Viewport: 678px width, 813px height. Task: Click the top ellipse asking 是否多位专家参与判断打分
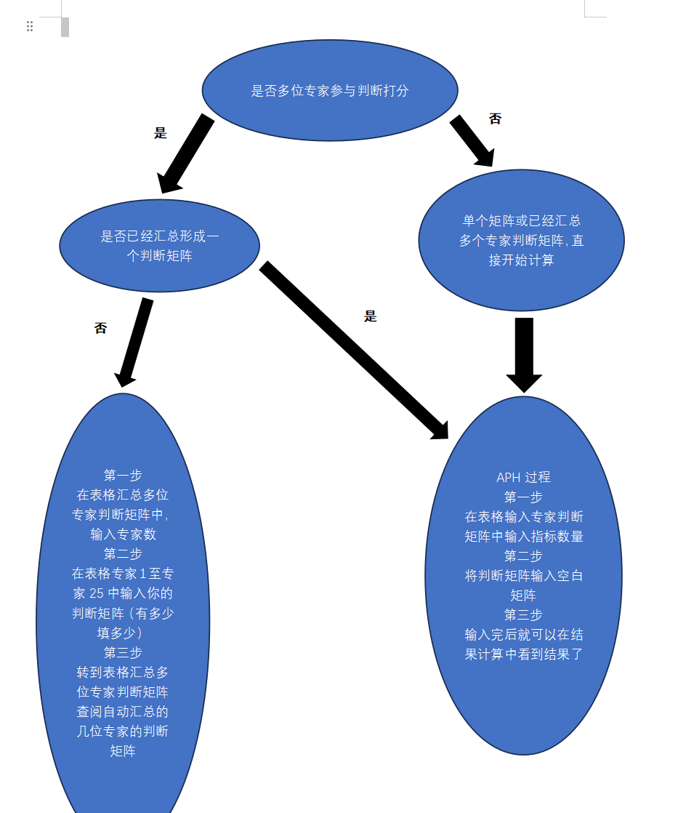pos(330,90)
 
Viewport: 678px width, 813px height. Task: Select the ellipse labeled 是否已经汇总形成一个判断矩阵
pos(159,246)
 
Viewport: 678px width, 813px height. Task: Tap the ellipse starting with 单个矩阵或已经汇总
pos(521,240)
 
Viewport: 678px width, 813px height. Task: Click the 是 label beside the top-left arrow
pos(161,133)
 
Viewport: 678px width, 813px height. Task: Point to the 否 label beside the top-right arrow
pos(495,119)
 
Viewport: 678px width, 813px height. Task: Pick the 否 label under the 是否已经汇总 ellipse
pos(100,328)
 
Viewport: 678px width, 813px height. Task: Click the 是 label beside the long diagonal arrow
pos(371,316)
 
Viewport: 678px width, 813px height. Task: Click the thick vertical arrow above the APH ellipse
pos(524,353)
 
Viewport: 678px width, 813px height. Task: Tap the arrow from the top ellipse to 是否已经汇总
pos(187,153)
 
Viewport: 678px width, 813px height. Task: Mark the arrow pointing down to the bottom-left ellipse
pos(134,342)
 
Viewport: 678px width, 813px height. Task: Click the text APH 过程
pos(523,478)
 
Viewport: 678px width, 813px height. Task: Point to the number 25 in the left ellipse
pos(97,593)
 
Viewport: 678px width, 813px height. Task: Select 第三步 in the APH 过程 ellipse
pos(523,614)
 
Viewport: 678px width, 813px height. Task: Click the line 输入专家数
pos(123,534)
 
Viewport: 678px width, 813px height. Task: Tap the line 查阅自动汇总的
pos(123,711)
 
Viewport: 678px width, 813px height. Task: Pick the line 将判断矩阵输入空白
pos(523,576)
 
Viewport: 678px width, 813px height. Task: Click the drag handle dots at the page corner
pos(30,26)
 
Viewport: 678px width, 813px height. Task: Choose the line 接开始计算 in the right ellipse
pos(521,260)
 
